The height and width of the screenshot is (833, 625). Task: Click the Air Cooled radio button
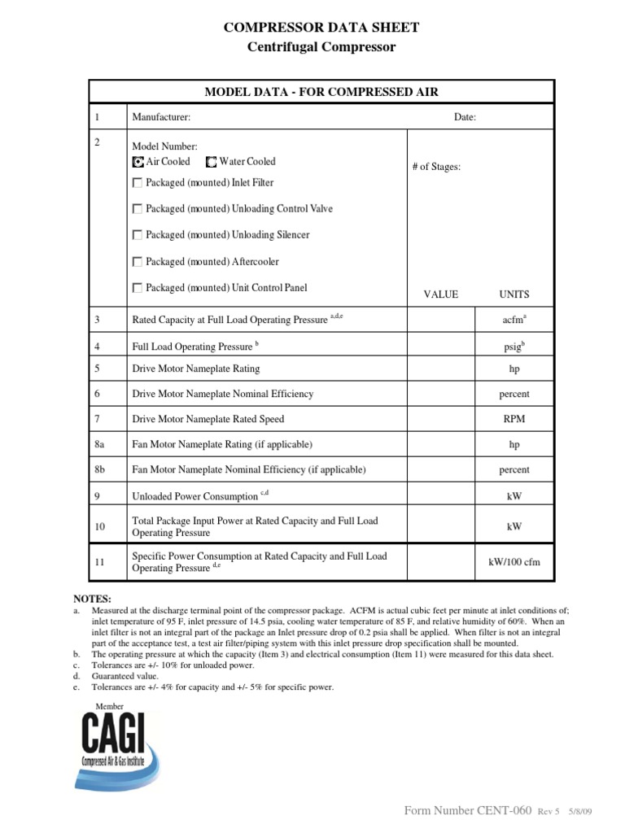point(138,162)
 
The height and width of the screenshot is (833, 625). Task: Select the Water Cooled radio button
point(212,162)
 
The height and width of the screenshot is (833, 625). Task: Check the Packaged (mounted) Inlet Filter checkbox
point(138,183)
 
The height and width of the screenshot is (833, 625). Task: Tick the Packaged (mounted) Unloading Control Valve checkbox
point(138,209)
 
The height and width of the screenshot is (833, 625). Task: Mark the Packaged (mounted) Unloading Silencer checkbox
point(138,235)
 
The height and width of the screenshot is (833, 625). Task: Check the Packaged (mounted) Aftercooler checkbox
point(138,262)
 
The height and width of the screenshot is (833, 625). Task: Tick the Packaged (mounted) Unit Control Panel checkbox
point(138,288)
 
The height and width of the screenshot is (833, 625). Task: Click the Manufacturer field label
point(161,117)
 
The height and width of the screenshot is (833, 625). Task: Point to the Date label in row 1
point(465,117)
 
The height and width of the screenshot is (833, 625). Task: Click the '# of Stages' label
point(436,167)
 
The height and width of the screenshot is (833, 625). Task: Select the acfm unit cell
point(514,320)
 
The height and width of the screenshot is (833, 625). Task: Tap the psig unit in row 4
point(514,345)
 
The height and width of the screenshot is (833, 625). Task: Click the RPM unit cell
point(514,419)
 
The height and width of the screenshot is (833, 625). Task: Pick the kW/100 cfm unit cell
point(514,562)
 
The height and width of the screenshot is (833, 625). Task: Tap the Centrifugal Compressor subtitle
point(321,47)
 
